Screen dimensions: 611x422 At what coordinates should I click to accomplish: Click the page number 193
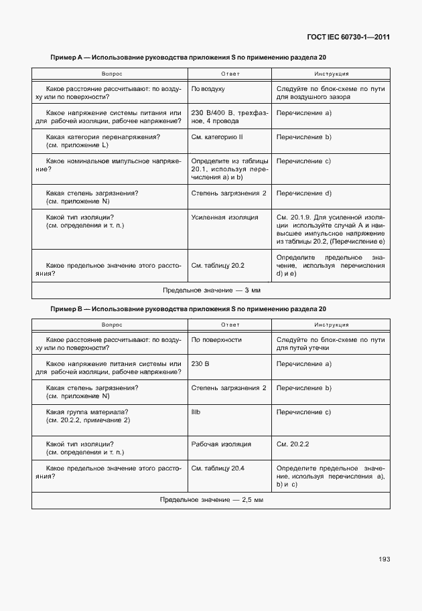pos(384,559)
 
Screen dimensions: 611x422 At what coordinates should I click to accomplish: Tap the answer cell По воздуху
pos(208,88)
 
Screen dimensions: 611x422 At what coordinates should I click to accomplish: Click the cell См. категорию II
pos(217,137)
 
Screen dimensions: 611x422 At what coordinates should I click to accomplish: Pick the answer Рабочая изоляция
pos(221,444)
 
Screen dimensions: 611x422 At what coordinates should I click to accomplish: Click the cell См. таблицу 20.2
pos(218,266)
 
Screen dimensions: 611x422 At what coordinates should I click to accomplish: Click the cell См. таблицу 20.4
pos(218,467)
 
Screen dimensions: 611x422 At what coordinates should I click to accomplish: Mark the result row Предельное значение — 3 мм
pos(211,290)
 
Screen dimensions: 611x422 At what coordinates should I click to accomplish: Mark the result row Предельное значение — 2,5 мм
pos(211,500)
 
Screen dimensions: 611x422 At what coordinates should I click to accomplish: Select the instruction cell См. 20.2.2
pos(293,444)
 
